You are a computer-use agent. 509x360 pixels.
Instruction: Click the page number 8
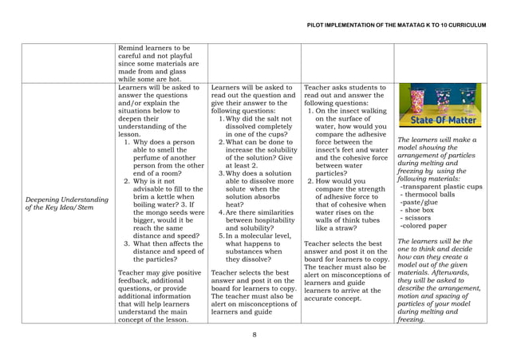(x=254, y=335)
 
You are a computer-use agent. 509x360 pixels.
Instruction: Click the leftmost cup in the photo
(x=418, y=101)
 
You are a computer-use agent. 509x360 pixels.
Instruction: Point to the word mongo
(x=161, y=212)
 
